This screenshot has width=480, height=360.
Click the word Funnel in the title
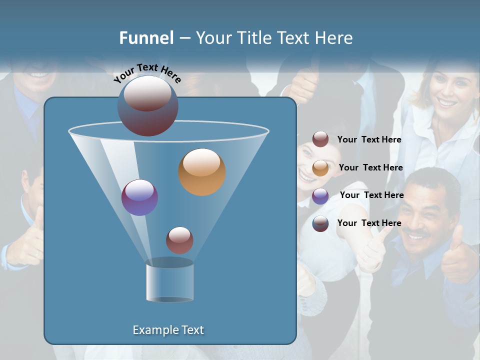[146, 38]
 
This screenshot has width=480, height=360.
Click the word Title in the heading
[253, 38]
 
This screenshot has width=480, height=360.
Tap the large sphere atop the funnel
[148, 105]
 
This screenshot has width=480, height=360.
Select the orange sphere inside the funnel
[202, 172]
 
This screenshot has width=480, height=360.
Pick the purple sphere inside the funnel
[139, 197]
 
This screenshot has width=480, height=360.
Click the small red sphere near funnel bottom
[179, 240]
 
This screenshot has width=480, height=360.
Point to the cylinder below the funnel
[169, 280]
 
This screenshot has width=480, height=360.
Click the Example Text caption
[168, 330]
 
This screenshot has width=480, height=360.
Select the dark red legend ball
[320, 139]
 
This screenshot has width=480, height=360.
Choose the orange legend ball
[320, 168]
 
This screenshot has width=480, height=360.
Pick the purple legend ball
[320, 196]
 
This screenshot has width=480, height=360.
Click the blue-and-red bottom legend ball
[320, 223]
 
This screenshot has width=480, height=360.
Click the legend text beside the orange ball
[370, 167]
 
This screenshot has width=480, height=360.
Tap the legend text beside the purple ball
[371, 195]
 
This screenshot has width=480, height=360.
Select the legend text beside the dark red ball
[369, 139]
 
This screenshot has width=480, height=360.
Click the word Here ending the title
[334, 38]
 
